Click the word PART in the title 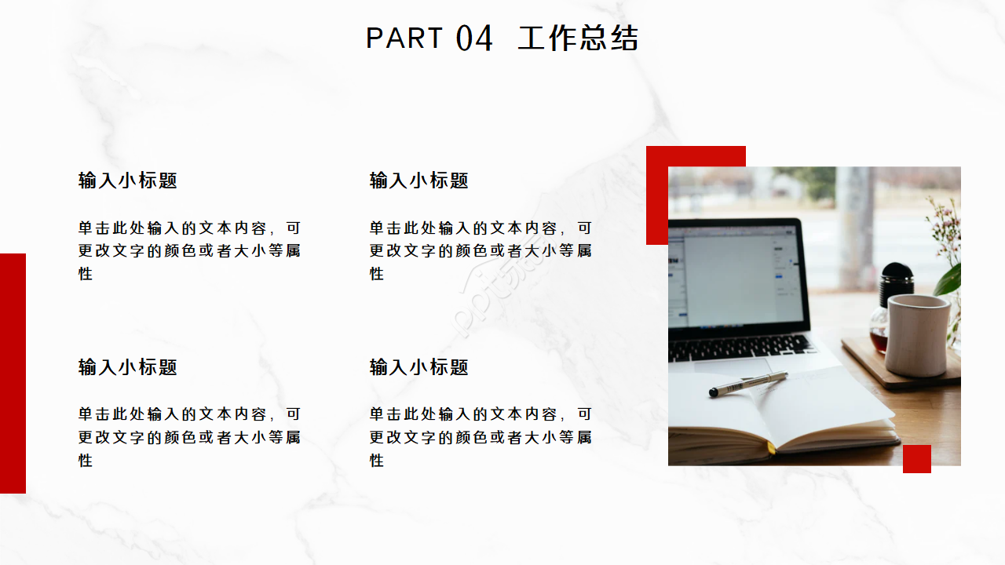coord(404,38)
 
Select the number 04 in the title coord(474,38)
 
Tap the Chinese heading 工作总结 coord(578,38)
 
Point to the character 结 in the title coord(624,38)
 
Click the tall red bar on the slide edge coord(13,373)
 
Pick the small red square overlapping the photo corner coord(916,459)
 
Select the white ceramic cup coord(917,334)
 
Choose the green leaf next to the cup coord(950,279)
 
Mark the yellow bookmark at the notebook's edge coord(770,447)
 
